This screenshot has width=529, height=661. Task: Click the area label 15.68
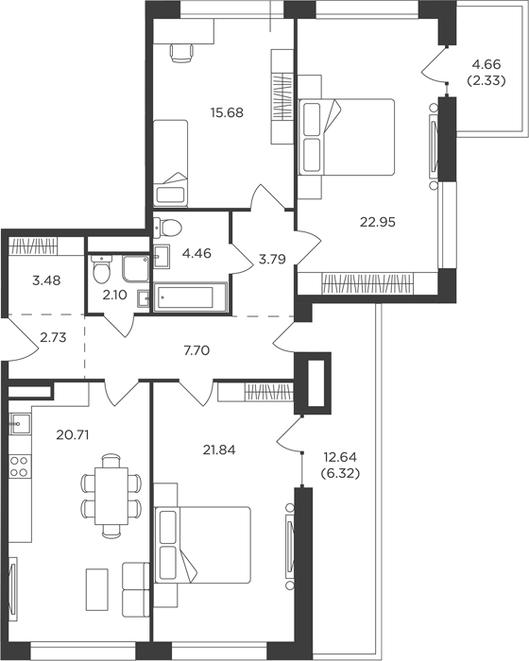tap(227, 113)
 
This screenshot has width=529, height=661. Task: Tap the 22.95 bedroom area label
tap(378, 222)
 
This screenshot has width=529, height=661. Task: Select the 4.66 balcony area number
tap(486, 64)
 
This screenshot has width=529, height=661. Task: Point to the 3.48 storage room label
tap(46, 280)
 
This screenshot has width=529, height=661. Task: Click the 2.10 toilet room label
tap(114, 295)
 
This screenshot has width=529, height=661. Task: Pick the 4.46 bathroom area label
tap(196, 254)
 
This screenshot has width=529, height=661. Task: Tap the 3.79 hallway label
tap(272, 260)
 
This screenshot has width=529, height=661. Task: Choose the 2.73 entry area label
tap(53, 338)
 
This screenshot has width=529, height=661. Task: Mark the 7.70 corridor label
tap(196, 350)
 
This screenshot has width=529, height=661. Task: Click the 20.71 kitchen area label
tap(73, 434)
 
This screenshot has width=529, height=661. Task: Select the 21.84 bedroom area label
tap(219, 450)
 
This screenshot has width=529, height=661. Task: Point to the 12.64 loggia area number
tap(340, 457)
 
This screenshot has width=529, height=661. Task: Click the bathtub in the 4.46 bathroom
tap(190, 297)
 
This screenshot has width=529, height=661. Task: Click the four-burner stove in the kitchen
tap(20, 467)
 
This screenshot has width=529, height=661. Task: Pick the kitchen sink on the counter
tap(20, 424)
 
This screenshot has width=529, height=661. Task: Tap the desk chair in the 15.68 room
tap(182, 53)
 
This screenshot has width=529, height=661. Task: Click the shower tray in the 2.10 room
tap(135, 268)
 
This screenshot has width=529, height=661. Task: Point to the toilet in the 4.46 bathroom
tap(167, 229)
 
